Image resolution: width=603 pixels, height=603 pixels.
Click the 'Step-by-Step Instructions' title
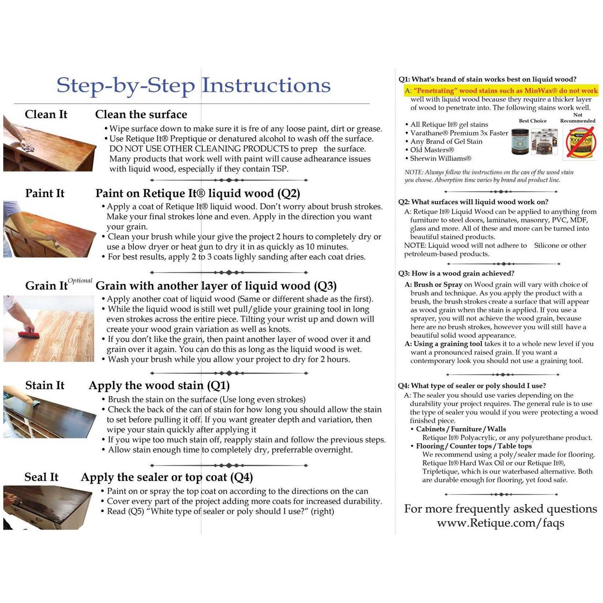pos(193,85)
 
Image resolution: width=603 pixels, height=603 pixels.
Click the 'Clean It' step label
pos(46,115)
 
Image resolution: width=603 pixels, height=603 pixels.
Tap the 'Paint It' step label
pos(45,193)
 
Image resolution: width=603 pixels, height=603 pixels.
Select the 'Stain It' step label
pos(45,386)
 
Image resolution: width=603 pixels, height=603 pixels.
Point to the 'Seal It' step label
pos(41,477)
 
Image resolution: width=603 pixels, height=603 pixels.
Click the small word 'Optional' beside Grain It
pos(80,281)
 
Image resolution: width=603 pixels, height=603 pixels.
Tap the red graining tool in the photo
pos(29,333)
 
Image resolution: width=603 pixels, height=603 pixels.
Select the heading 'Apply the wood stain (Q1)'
pos(159,386)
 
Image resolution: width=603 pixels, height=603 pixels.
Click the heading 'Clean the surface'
pos(141,115)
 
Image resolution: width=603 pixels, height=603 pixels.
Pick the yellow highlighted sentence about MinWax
pos(501,91)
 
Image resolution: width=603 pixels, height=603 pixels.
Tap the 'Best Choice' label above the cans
pos(532,121)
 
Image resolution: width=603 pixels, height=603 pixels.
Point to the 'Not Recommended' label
pos(578,118)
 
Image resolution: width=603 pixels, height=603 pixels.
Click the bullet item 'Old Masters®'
pos(432,150)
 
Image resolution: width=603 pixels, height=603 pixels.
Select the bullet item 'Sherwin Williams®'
pos(441,158)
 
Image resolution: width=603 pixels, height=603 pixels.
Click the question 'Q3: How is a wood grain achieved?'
pos(456,273)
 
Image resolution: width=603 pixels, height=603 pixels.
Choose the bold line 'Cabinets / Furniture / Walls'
pos(461,429)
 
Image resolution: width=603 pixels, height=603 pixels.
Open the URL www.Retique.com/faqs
pos(500,523)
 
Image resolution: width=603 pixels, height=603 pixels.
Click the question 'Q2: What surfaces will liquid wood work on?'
pos(473,202)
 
